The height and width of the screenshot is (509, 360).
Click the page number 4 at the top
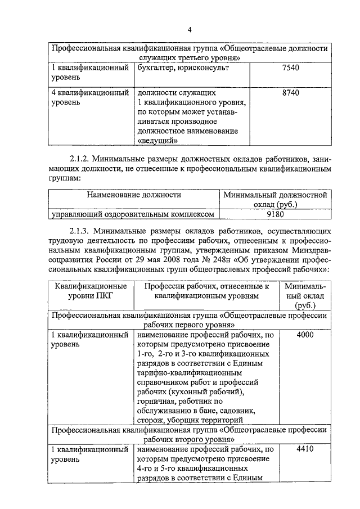pyautogui.click(x=190, y=29)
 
